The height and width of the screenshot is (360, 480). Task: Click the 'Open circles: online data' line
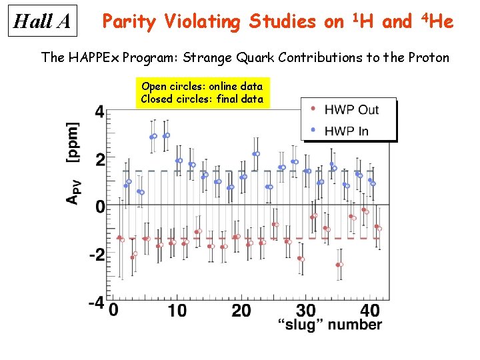pos(202,87)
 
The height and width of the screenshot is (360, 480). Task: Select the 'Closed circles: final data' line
pos(202,99)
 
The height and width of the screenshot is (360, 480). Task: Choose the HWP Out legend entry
pos(351,109)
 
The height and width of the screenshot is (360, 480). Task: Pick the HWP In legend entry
pos(346,131)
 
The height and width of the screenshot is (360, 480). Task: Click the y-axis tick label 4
pos(99,112)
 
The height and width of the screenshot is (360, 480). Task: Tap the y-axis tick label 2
pos(99,160)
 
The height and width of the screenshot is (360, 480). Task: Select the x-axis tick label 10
pos(177,310)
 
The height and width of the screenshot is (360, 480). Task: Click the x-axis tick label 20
pos(241,310)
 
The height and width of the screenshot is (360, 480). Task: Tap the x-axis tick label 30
pos(306,310)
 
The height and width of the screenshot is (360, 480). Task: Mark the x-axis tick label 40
pos(370,310)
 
